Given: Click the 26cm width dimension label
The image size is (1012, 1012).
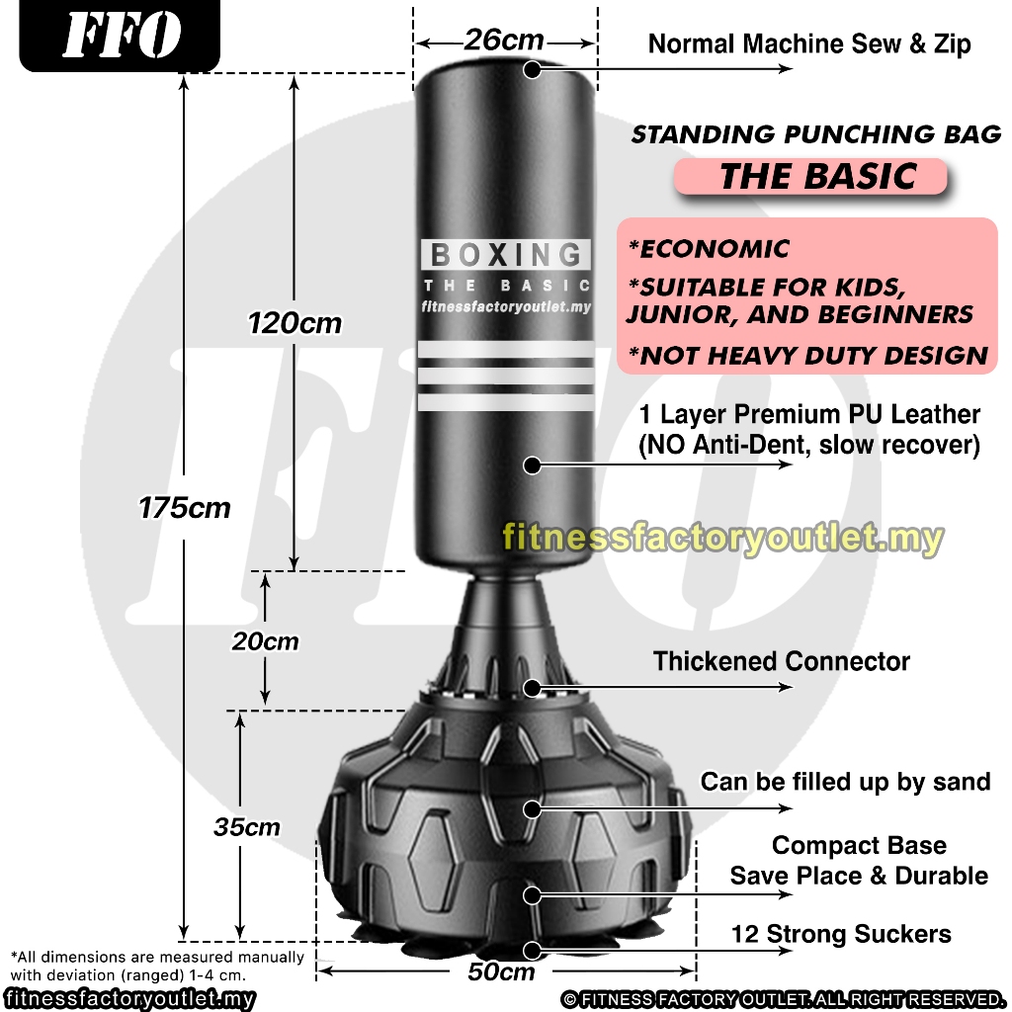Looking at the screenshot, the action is point(504,41).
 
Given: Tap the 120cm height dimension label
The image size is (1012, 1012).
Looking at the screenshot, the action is point(295,322).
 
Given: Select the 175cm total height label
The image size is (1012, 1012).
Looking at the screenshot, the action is point(185,508).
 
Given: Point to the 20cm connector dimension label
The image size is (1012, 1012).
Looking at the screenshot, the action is point(265,641).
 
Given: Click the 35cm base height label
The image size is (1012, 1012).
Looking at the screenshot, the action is point(247,827).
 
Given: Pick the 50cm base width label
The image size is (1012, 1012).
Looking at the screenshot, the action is point(501,971).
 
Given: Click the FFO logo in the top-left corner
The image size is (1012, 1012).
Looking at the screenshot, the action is point(121,37).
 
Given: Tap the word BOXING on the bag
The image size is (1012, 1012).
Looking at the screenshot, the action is point(506,255).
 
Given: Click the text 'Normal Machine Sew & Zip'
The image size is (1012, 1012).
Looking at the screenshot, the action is point(808,44).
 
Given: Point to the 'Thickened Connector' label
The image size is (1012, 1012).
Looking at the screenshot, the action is point(781,661).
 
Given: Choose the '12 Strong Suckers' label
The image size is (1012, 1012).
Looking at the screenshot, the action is point(841,934).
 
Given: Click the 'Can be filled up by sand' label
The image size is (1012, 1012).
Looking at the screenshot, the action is point(845,782).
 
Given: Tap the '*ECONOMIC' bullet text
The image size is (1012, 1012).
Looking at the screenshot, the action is point(709,248).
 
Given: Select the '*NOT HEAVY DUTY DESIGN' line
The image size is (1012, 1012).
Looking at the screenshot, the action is point(807,356).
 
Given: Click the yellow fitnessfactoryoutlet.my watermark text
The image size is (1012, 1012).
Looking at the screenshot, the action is point(722,539).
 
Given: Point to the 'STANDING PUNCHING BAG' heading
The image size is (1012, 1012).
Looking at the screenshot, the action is point(816,134).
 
